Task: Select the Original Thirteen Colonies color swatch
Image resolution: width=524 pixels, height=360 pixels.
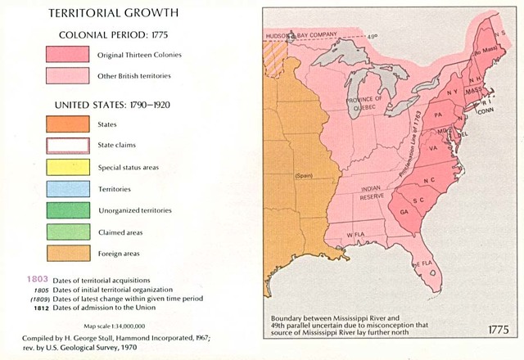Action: (66, 55)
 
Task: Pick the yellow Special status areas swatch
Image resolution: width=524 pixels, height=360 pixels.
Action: (66, 167)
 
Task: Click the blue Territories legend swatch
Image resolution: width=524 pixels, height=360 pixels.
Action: (66, 188)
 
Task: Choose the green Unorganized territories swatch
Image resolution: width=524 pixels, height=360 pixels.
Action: (66, 210)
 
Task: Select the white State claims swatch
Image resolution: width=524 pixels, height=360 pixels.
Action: (66, 146)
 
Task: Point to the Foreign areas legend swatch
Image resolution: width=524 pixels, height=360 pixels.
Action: (66, 253)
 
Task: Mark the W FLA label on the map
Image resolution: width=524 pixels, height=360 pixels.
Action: (354, 236)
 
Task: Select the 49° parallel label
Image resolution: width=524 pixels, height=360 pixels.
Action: (373, 36)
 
